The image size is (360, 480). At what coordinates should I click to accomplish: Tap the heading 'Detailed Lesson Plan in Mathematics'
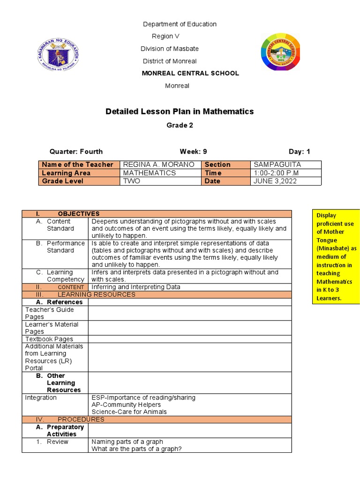coord(180,112)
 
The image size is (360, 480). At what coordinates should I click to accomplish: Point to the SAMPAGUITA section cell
coord(277,165)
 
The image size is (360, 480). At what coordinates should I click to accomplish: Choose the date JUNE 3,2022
coord(275,181)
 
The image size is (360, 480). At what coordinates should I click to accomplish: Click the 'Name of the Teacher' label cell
coord(77,165)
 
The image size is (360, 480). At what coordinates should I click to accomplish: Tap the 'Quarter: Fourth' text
coord(76,151)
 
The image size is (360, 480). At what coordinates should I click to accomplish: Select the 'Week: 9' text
coord(193,151)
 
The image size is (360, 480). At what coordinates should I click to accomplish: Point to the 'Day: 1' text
coord(299,151)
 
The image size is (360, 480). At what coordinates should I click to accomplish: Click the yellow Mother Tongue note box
coord(336,256)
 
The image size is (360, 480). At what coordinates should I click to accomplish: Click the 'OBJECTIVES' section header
coord(78,214)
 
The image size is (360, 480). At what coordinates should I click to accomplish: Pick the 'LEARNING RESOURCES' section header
coord(96,294)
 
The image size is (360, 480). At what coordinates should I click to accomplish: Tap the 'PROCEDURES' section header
coord(81,420)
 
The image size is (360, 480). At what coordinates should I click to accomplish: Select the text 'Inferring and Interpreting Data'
coord(135,287)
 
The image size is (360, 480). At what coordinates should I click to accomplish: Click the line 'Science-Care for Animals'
coord(129,412)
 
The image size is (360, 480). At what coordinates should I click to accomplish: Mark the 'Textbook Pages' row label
coord(49,339)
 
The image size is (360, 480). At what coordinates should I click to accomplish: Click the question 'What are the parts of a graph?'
coord(136,449)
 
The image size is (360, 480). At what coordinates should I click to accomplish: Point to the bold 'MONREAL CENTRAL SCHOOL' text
coord(190,73)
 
